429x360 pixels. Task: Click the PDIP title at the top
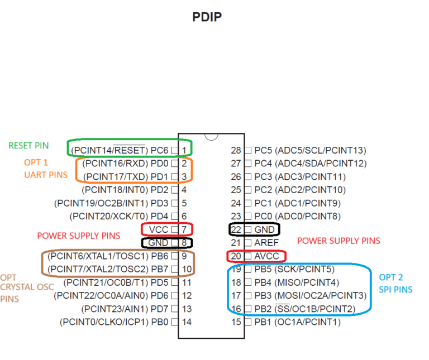(207, 17)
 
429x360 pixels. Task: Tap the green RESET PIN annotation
(28, 146)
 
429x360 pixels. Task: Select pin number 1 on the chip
(184, 150)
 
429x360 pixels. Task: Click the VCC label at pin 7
(159, 229)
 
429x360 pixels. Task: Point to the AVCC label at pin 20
(266, 256)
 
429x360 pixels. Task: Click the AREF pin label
(266, 243)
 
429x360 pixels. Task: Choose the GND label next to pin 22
(264, 229)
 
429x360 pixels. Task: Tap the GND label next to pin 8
(158, 243)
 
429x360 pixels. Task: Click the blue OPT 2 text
(390, 277)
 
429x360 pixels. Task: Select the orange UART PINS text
(46, 175)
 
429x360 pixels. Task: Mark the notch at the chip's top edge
(211, 137)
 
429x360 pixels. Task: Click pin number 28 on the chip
(236, 150)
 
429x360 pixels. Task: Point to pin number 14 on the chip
(187, 322)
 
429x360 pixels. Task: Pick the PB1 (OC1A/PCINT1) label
(297, 322)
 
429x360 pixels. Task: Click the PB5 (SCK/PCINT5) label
(294, 269)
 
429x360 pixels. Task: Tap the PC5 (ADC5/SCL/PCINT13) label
(310, 150)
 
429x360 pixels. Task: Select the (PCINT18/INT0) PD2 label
(125, 190)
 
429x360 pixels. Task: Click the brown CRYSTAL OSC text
(27, 287)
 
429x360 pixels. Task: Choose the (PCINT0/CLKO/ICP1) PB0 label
(114, 322)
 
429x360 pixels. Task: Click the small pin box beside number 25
(248, 190)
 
